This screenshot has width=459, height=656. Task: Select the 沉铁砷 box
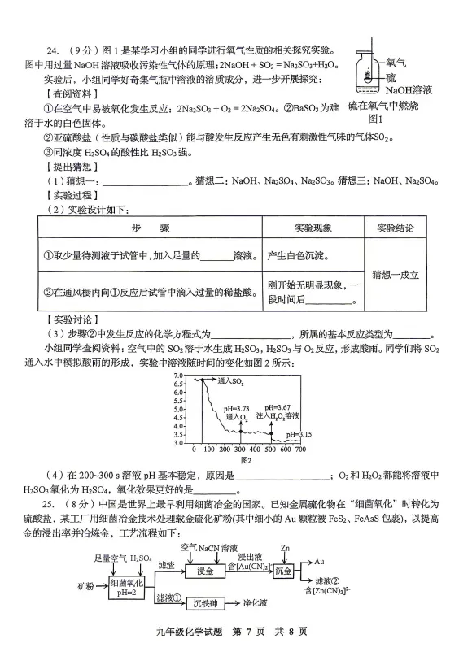tap(206, 603)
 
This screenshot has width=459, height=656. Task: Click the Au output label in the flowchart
tap(320, 562)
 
